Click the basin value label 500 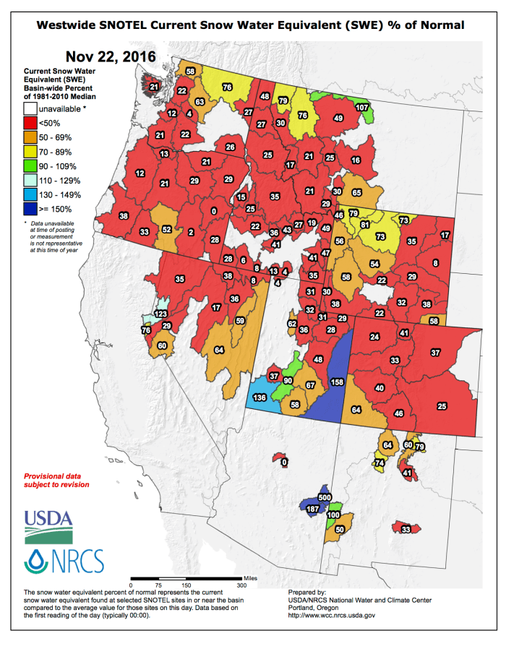click(325, 499)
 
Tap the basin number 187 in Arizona click(313, 509)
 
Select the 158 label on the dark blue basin click(337, 382)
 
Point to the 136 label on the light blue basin click(260, 398)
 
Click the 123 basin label click(160, 314)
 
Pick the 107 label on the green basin click(362, 107)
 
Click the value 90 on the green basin click(288, 381)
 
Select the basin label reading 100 click(333, 515)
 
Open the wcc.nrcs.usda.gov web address click(331, 615)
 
